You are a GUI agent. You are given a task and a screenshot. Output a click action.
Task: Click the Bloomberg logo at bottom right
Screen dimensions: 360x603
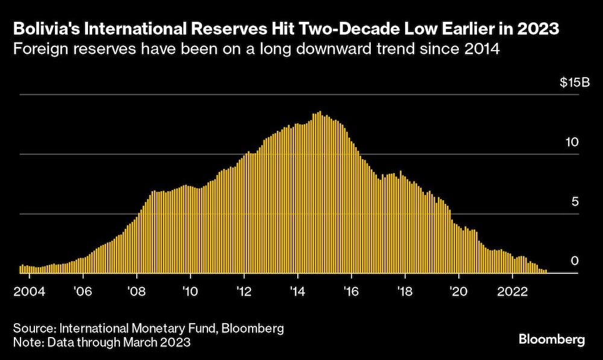pos(551,340)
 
